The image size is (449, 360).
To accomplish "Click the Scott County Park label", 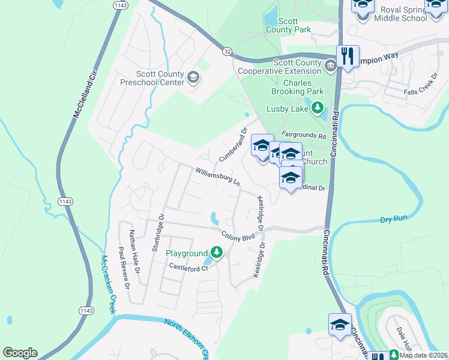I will point(280,25).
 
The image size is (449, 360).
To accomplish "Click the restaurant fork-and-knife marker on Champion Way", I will point(348,56).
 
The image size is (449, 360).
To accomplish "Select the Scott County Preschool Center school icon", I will point(193,77).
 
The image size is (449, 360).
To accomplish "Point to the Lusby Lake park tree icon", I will point(317,109).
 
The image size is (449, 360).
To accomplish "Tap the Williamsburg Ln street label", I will point(217,177).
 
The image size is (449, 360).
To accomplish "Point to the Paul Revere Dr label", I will point(124,267).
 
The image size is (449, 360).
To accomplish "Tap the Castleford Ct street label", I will point(187,266).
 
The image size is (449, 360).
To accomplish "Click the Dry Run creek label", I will point(394,220).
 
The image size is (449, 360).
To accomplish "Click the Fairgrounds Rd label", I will point(303,136).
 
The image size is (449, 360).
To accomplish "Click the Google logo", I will point(20,353).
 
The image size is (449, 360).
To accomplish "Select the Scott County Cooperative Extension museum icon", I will point(330,65).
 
